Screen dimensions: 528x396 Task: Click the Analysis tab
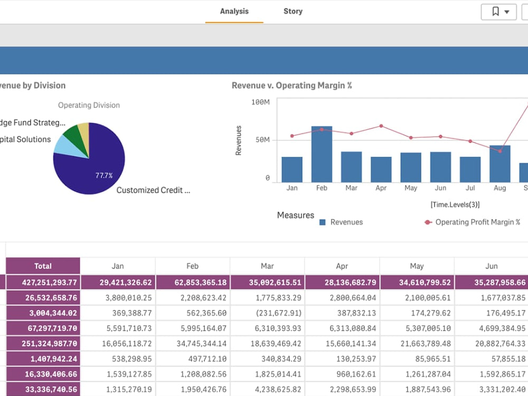[x=234, y=12]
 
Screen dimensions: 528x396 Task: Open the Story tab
[x=293, y=12]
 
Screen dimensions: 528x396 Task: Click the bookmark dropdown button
[x=498, y=12]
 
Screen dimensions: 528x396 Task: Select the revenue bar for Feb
[x=322, y=154]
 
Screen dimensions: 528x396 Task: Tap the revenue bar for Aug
[x=499, y=164]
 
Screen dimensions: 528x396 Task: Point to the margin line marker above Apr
[x=381, y=126]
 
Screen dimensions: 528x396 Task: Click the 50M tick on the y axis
[x=262, y=140]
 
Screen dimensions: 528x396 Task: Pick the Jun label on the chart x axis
[x=440, y=188]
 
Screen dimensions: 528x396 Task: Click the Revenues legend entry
[x=341, y=222]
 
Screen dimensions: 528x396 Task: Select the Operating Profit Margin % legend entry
[x=473, y=222]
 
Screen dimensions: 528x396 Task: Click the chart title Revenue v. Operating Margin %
[x=291, y=86]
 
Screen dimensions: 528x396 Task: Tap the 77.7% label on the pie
[x=104, y=175]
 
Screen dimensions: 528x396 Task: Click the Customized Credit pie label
[x=153, y=190]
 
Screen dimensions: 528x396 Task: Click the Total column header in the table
[x=43, y=266]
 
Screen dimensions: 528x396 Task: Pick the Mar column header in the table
[x=267, y=266]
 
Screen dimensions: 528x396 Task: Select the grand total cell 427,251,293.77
[x=43, y=282]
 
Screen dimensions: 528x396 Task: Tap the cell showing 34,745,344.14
[x=193, y=344]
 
